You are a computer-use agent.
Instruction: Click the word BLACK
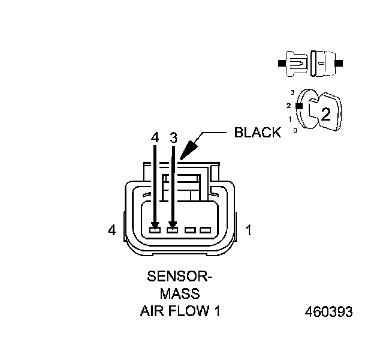[x=257, y=133]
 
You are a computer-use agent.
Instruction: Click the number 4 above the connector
[x=155, y=137]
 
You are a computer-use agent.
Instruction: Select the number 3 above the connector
[x=173, y=137]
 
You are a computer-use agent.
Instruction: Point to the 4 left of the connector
[x=111, y=230]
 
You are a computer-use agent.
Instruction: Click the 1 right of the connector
[x=249, y=230]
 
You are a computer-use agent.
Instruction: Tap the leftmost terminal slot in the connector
[x=155, y=229]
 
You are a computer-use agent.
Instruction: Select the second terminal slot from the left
[x=173, y=229]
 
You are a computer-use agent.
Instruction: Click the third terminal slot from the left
[x=191, y=229]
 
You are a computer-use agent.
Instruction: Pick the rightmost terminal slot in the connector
[x=206, y=229]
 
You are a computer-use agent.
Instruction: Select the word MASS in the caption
[x=180, y=294]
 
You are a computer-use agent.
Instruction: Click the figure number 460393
[x=328, y=312]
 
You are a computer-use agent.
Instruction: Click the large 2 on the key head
[x=325, y=115]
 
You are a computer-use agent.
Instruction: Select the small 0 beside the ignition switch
[x=295, y=130]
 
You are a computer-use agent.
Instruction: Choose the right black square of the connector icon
[x=340, y=62]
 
